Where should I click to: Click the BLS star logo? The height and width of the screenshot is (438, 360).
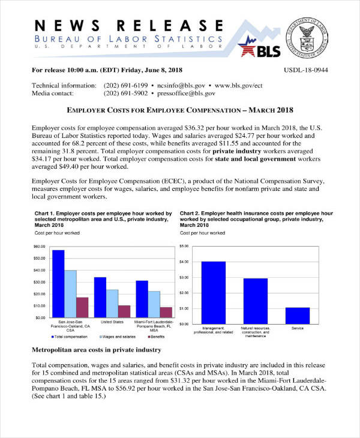(x=256, y=47)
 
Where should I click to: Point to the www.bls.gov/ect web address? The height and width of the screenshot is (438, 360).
(x=239, y=86)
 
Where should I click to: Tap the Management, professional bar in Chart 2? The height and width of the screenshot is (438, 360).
(x=214, y=292)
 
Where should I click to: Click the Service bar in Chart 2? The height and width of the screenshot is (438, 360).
(x=297, y=315)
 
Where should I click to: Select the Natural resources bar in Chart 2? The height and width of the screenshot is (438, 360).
(x=256, y=301)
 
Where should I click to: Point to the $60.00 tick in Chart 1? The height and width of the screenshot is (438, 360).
(x=38, y=247)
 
